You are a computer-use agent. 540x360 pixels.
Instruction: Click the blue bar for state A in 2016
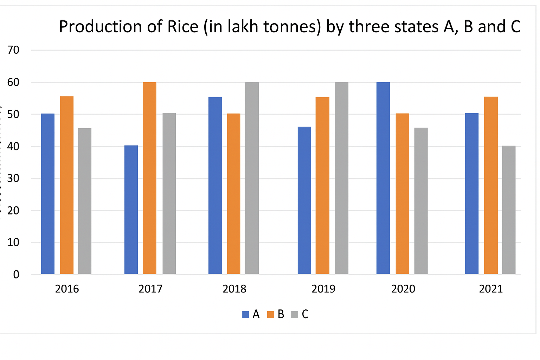click(48, 194)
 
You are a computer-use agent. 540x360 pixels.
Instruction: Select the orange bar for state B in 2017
click(149, 178)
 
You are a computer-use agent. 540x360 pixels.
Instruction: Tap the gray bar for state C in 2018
click(252, 178)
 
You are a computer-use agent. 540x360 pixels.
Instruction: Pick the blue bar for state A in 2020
click(383, 178)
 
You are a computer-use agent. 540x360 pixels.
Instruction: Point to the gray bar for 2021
click(509, 210)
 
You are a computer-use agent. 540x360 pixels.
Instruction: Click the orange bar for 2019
click(322, 185)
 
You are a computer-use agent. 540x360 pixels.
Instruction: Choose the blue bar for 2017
click(131, 210)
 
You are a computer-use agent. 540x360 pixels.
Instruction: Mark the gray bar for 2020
click(421, 201)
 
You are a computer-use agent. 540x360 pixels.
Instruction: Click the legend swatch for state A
click(246, 315)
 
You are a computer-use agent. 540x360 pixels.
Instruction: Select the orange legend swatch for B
click(270, 315)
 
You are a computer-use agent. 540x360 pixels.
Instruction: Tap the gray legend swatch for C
click(295, 315)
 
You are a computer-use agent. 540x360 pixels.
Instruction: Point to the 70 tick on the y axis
click(13, 50)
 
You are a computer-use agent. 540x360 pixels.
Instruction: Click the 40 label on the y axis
click(13, 146)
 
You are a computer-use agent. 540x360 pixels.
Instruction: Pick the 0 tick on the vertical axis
click(16, 275)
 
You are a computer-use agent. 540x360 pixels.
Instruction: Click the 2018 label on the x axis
click(234, 289)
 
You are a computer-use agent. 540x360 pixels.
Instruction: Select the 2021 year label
click(491, 289)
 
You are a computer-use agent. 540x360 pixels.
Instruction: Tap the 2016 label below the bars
click(67, 289)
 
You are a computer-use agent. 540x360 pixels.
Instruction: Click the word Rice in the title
click(183, 27)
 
